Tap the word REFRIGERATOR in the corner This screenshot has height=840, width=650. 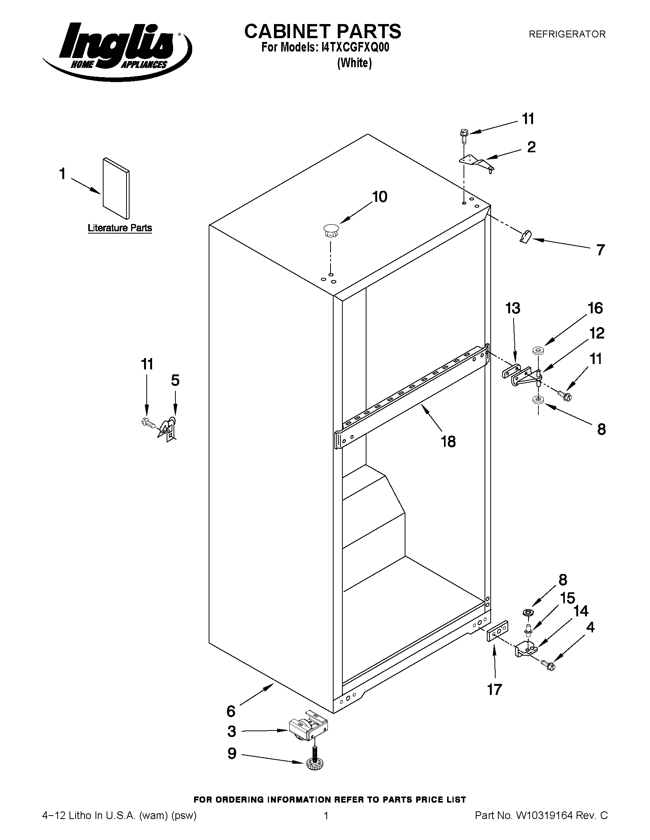point(567,34)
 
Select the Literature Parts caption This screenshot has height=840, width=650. point(120,228)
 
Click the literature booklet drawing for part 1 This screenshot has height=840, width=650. point(116,188)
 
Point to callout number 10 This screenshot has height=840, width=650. point(379,197)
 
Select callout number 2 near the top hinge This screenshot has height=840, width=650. point(531,147)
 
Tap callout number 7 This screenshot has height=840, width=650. point(600,250)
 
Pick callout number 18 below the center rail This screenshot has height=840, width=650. point(448,442)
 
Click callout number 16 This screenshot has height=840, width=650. point(595,308)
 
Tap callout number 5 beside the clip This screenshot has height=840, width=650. point(175,380)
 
